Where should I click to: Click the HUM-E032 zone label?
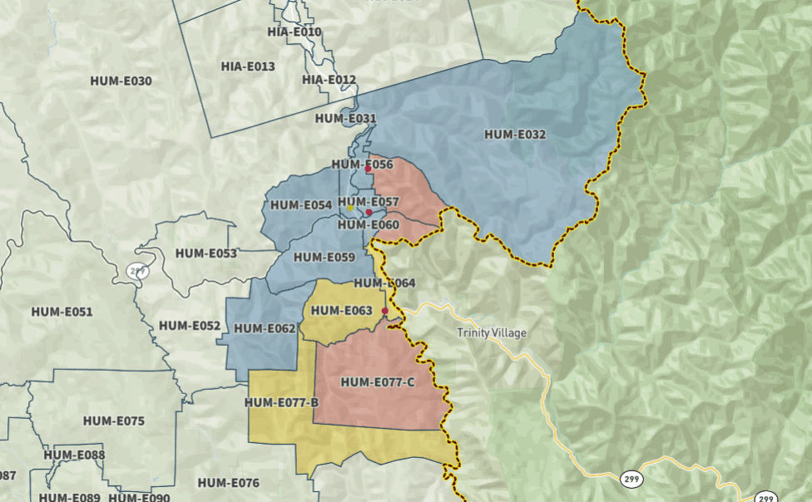coord(515,134)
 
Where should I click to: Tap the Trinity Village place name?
coord(492,333)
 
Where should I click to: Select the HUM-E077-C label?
coord(378,382)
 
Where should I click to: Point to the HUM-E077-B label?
coord(281,403)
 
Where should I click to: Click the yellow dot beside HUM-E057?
coord(350,209)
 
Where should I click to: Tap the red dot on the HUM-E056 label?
coord(368,169)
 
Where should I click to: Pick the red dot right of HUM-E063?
coord(384,312)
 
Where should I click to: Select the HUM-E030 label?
coord(121,81)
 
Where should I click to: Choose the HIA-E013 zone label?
coord(248,66)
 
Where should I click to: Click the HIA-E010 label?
coord(295,32)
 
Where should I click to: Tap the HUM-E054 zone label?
coord(301,204)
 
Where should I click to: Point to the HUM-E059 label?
coord(324,257)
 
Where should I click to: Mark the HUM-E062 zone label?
coord(265,328)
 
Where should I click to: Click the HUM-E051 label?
coord(62,312)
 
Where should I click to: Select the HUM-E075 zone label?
coord(113,421)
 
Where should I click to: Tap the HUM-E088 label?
coord(75,455)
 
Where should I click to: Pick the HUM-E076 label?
coord(229,483)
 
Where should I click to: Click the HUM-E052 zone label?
coord(190,326)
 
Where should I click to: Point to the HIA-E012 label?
coord(329,80)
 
